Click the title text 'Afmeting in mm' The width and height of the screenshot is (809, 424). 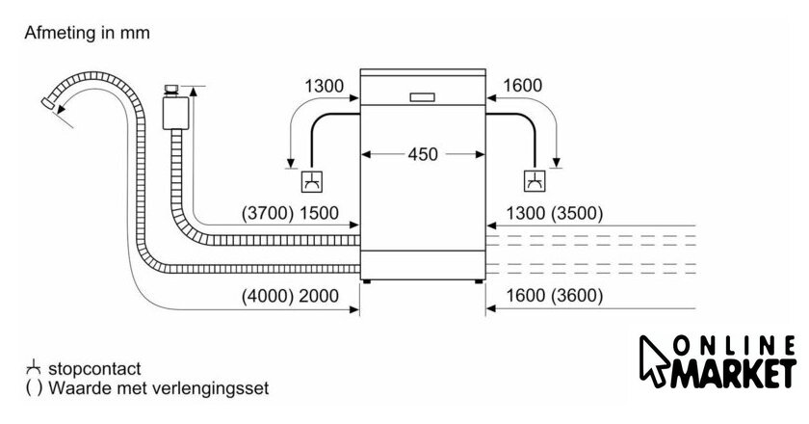(88, 33)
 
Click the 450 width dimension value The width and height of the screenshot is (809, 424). (421, 153)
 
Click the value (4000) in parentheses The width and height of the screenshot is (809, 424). (267, 296)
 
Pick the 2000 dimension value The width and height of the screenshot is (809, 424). (320, 296)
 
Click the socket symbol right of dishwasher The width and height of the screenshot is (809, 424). (533, 181)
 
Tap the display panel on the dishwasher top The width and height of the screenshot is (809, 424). (421, 97)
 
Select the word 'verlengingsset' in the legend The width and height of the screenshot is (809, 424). (217, 389)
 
